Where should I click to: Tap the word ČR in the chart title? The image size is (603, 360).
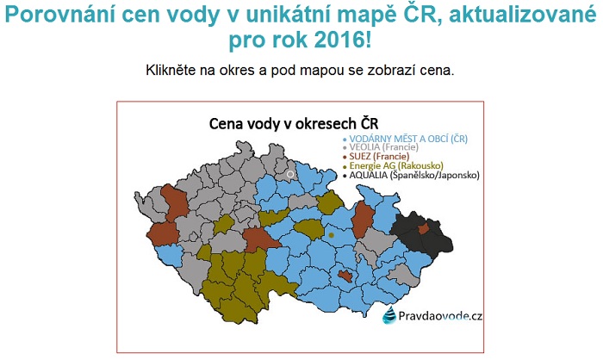[370, 123]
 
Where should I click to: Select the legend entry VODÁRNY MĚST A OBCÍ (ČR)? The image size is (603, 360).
[408, 139]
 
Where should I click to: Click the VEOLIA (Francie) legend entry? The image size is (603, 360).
[383, 147]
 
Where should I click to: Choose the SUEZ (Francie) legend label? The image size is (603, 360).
[379, 156]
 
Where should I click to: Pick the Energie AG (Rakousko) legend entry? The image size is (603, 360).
[396, 165]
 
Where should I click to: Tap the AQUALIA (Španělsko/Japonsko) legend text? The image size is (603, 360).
[414, 176]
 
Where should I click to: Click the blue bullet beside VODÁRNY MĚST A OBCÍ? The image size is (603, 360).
[345, 140]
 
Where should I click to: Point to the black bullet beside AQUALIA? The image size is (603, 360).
[345, 177]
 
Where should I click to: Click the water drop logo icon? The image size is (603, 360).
[389, 315]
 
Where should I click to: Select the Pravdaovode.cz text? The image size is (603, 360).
[440, 316]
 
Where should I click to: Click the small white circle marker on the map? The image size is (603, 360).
[290, 174]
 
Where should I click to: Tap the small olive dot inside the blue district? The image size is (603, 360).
[331, 235]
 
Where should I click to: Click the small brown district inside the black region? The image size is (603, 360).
[424, 229]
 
